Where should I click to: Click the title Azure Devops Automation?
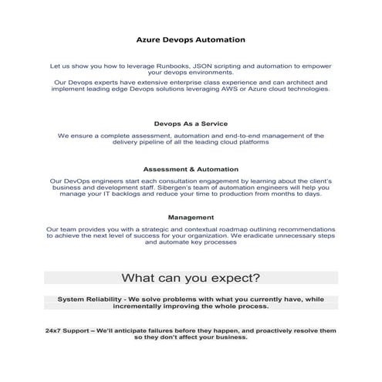click(191, 39)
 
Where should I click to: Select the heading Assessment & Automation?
click(191, 168)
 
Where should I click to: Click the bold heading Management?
click(191, 218)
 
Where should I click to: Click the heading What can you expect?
click(191, 277)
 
